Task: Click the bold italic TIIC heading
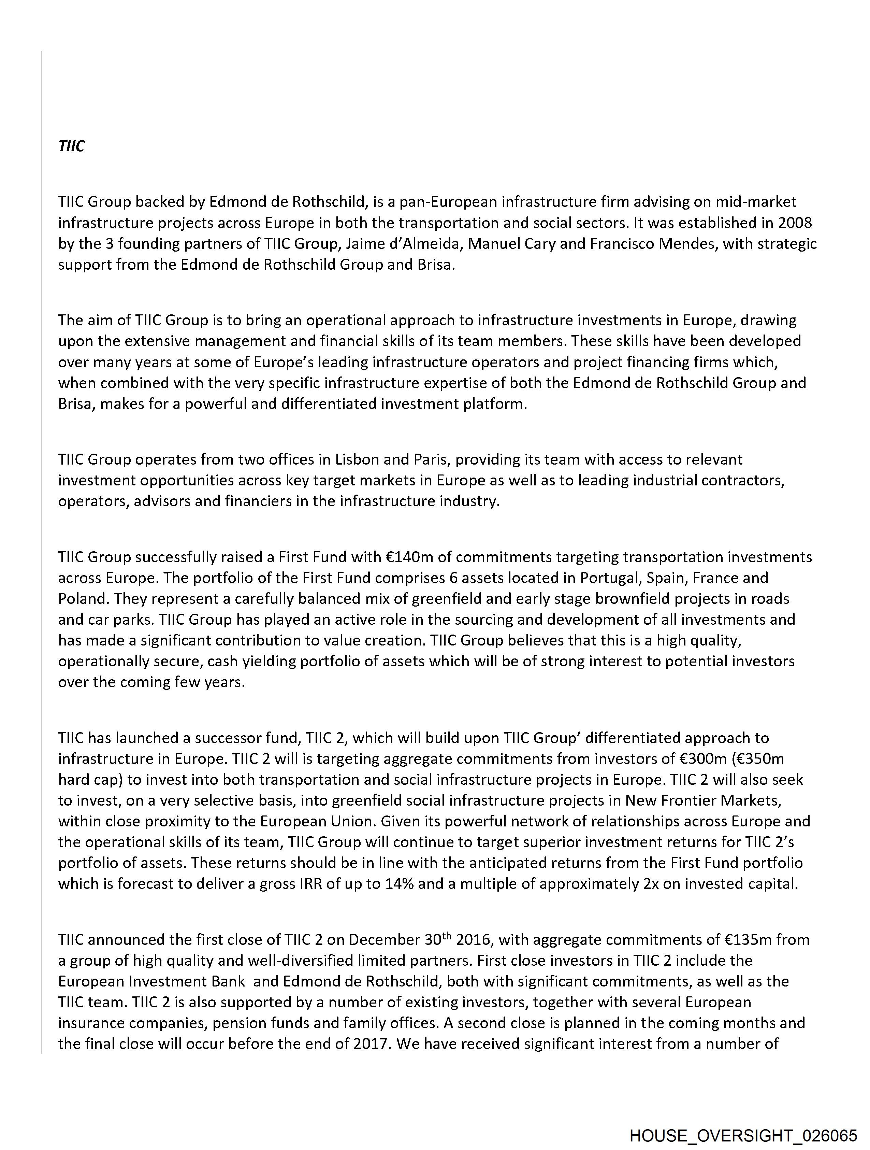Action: click(x=71, y=146)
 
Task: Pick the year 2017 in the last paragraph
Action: click(x=370, y=1043)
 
